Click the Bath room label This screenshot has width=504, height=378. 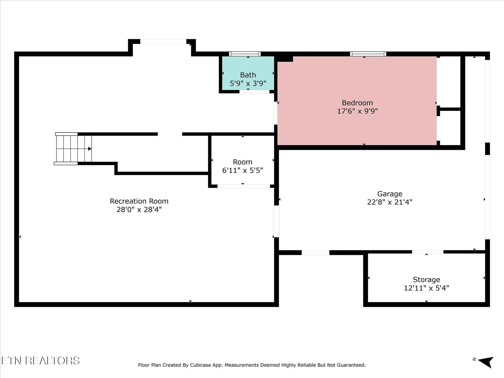(248, 75)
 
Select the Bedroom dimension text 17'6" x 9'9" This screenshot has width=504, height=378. (357, 111)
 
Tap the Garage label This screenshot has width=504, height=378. (390, 194)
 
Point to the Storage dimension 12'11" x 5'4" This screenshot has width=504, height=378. (426, 288)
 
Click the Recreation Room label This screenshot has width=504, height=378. (139, 201)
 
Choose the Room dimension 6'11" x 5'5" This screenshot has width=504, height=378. (242, 170)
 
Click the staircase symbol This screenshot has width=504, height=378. (73, 149)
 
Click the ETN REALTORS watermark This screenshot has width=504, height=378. (40, 361)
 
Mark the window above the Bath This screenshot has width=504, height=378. (245, 54)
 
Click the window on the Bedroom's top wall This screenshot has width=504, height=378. (368, 54)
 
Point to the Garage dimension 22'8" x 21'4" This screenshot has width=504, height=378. (390, 202)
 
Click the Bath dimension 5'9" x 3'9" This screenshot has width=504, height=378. (248, 83)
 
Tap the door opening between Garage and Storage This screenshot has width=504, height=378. (428, 252)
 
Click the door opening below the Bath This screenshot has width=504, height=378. (254, 92)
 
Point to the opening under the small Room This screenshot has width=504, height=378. (244, 186)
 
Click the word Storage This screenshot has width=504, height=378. (426, 280)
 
